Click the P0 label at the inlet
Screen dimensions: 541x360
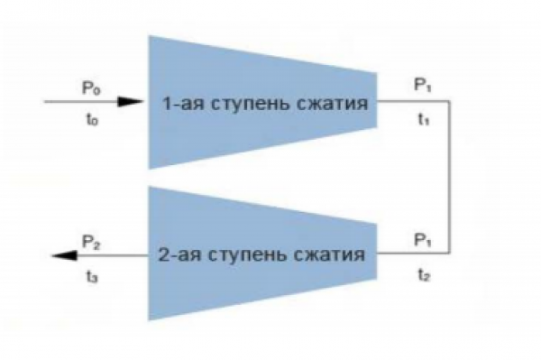[x=91, y=88]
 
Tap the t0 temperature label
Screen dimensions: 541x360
[x=92, y=119]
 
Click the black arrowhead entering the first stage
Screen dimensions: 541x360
[x=130, y=101]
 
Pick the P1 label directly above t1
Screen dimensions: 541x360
[x=423, y=84]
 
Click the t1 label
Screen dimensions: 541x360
[x=424, y=119]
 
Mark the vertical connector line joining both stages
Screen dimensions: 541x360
[x=450, y=177]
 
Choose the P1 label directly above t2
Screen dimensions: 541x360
[x=423, y=239]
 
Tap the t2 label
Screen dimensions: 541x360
[x=424, y=275]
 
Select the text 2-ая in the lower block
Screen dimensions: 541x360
[x=179, y=255]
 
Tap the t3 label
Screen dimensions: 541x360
[x=92, y=276]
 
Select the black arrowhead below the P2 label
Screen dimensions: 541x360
[x=64, y=255]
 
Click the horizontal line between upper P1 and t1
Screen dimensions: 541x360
[x=413, y=101]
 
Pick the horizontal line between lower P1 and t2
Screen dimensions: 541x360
[x=413, y=253]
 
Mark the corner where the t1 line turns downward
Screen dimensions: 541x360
[x=450, y=101]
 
